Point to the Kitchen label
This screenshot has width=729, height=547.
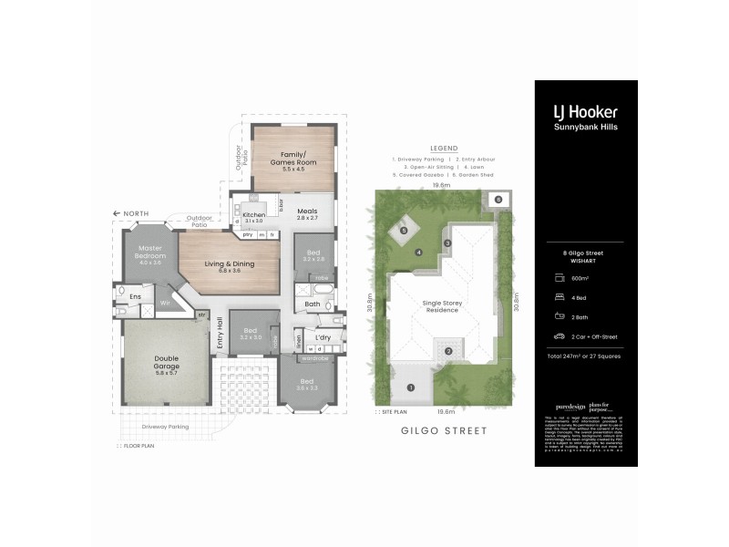point(253,215)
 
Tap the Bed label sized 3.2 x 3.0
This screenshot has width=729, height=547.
point(251,333)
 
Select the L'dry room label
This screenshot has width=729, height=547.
point(323,338)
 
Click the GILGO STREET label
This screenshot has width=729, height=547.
point(444,429)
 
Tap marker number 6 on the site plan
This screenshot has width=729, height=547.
point(498,199)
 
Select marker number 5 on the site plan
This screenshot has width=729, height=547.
point(403,230)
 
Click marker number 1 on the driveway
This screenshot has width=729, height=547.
point(410,387)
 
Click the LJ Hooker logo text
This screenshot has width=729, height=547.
point(585,111)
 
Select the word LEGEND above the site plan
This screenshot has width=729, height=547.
point(443,148)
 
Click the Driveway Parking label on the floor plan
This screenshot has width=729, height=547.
point(165,426)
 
